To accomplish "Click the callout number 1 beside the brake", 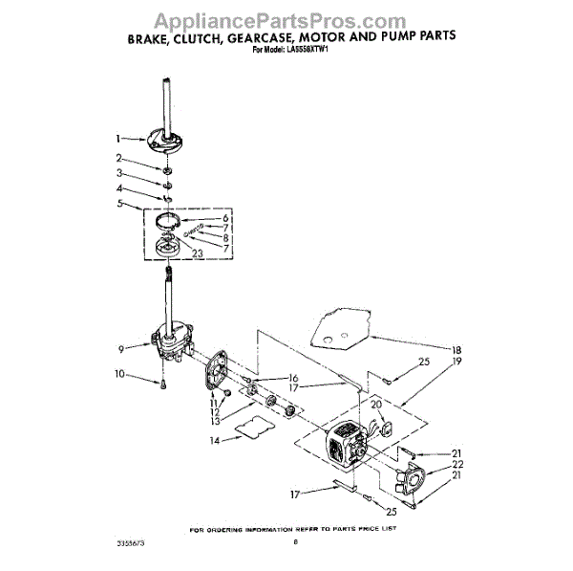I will (118, 138).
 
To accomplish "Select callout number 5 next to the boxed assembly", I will (118, 204).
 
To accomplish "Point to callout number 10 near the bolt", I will (119, 374).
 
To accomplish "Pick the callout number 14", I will (215, 441).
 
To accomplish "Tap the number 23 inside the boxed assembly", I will (198, 253).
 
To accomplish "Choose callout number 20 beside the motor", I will (377, 404).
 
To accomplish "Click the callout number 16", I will (294, 378).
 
